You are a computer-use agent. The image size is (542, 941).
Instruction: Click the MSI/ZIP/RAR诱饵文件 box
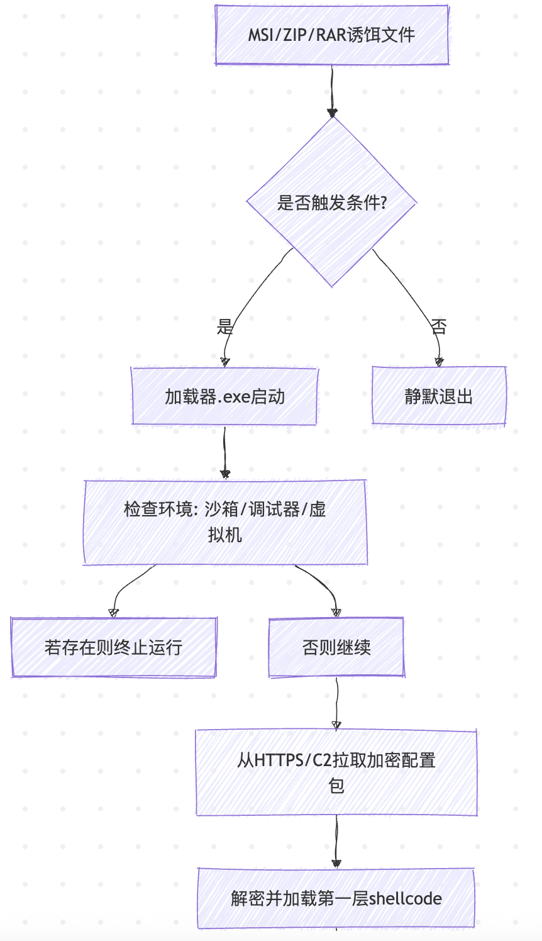[x=331, y=35]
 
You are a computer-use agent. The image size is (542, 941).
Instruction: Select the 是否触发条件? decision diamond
[x=331, y=202]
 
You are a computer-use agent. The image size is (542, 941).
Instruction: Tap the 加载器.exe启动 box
[x=224, y=396]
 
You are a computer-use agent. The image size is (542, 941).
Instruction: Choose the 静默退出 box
[x=439, y=395]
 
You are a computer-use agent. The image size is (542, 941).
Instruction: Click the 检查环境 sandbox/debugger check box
[x=225, y=522]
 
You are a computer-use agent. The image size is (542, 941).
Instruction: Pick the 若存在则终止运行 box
[x=113, y=647]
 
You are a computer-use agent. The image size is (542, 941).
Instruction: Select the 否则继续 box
[x=336, y=647]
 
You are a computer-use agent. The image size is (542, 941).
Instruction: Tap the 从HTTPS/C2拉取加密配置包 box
[x=336, y=772]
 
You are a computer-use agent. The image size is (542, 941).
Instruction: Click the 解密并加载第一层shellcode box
[x=336, y=898]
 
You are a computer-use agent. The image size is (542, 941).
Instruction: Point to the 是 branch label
[x=224, y=326]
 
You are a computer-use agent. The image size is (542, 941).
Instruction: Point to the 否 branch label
[x=439, y=326]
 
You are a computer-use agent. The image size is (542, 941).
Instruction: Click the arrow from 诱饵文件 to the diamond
[x=332, y=91]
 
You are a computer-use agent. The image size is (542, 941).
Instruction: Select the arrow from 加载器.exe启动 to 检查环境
[x=225, y=452]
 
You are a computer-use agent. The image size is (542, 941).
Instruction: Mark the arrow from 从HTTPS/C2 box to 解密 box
[x=336, y=842]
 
